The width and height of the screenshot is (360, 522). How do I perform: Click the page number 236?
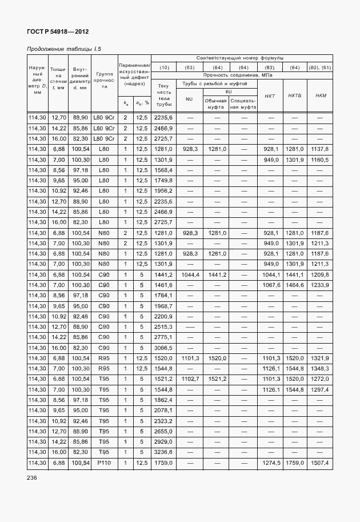click(32, 478)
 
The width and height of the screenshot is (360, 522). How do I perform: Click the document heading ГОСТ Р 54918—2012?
click(58, 32)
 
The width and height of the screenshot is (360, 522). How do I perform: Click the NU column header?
click(189, 99)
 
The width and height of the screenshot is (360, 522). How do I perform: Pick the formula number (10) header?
click(164, 67)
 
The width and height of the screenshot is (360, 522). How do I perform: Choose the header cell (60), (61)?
click(321, 67)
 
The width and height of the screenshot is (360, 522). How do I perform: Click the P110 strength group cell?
click(103, 462)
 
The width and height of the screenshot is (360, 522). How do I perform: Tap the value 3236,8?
click(163, 452)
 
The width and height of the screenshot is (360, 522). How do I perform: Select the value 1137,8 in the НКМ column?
click(321, 149)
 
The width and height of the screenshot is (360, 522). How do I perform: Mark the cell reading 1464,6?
click(295, 285)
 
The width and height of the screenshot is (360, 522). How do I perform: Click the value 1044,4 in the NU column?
click(189, 274)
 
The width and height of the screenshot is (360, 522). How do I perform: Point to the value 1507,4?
click(321, 462)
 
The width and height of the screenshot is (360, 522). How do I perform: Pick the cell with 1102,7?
click(189, 378)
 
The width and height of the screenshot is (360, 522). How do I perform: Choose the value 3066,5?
click(163, 348)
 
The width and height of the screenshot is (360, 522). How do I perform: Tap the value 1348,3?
click(321, 368)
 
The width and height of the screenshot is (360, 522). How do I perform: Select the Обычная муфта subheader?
click(215, 103)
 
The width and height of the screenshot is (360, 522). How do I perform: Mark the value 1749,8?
click(163, 180)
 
